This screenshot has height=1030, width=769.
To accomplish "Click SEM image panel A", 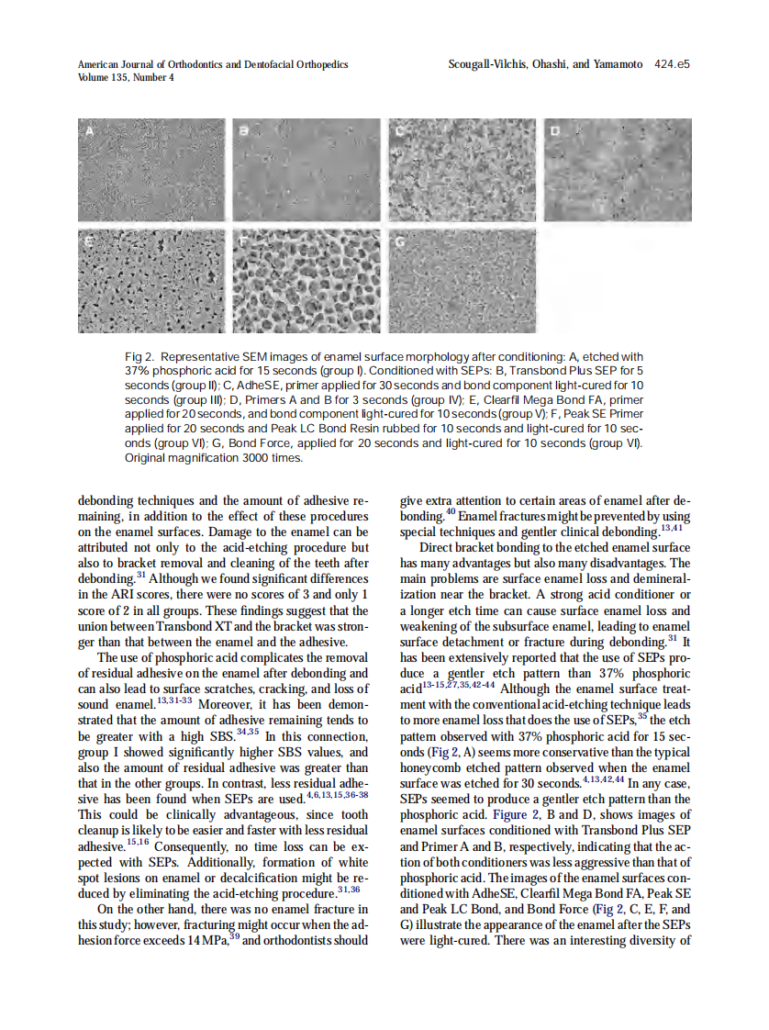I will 151,169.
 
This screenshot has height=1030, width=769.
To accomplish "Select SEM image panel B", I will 306,169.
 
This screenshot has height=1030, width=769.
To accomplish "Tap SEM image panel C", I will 462,169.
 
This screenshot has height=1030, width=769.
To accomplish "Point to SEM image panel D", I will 617,169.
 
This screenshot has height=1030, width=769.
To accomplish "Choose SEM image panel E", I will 151,280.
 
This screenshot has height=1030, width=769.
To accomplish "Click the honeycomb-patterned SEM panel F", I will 306,280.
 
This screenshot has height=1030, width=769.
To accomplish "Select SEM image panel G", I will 462,280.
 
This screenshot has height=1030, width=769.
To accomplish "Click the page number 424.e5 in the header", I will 672,65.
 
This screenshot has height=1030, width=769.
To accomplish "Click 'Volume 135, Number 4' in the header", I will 126,78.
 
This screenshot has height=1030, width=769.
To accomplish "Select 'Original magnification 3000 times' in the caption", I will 213,457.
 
